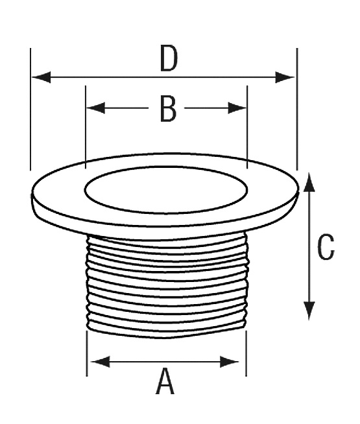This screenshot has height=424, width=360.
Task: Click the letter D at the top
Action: tap(169, 58)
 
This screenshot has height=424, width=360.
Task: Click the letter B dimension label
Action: tap(168, 109)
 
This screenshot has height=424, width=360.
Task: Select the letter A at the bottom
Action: tap(165, 382)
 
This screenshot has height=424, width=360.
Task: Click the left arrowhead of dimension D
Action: tap(42, 77)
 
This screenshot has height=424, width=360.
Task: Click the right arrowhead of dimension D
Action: tap(285, 77)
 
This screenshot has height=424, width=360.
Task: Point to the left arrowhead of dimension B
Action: tap(96, 108)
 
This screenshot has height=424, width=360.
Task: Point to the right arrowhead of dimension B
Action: tap(237, 108)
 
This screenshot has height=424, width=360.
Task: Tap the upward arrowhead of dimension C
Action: tap(309, 183)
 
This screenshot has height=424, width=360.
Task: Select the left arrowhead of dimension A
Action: tap(101, 362)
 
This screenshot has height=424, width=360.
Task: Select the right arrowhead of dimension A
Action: tap(230, 362)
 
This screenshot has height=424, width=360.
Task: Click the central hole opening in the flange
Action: tap(166, 189)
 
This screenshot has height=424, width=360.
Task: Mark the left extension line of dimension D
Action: tap(30, 110)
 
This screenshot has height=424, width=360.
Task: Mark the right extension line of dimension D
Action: tap(297, 110)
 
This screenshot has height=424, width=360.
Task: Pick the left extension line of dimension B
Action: tap(86, 127)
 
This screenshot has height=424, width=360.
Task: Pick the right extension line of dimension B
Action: tap(247, 127)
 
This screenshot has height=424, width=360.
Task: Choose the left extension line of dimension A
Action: tap(86, 353)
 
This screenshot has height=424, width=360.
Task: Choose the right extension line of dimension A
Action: tap(246, 353)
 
